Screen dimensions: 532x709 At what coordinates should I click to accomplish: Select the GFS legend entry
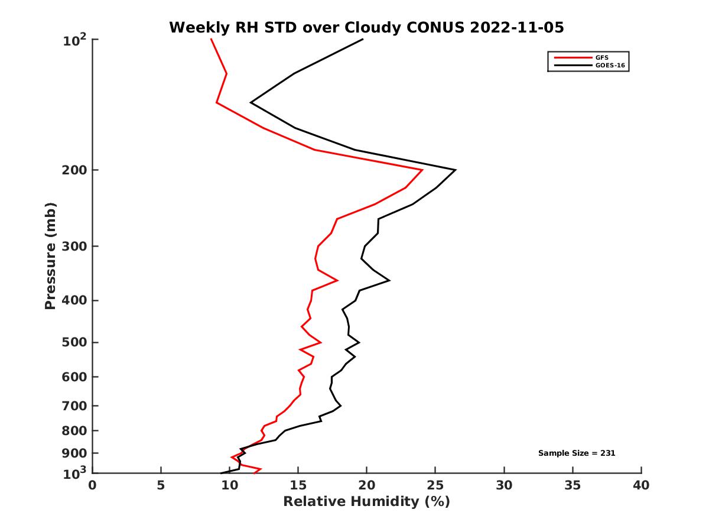[x=602, y=58]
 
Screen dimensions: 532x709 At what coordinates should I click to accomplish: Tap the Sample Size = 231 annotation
[x=577, y=453]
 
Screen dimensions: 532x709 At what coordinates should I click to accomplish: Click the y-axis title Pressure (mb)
[x=50, y=256]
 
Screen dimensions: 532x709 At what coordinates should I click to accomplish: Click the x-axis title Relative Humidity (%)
[x=366, y=502]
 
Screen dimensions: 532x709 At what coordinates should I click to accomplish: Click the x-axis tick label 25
[x=435, y=485]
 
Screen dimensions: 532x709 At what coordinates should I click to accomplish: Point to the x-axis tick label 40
[x=641, y=485]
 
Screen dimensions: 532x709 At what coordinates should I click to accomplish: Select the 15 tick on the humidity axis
[x=298, y=485]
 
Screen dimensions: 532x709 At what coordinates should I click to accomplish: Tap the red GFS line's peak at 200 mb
[x=422, y=170]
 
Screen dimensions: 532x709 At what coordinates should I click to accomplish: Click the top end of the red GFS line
[x=211, y=40]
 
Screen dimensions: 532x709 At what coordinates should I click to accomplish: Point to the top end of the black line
[x=362, y=40]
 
